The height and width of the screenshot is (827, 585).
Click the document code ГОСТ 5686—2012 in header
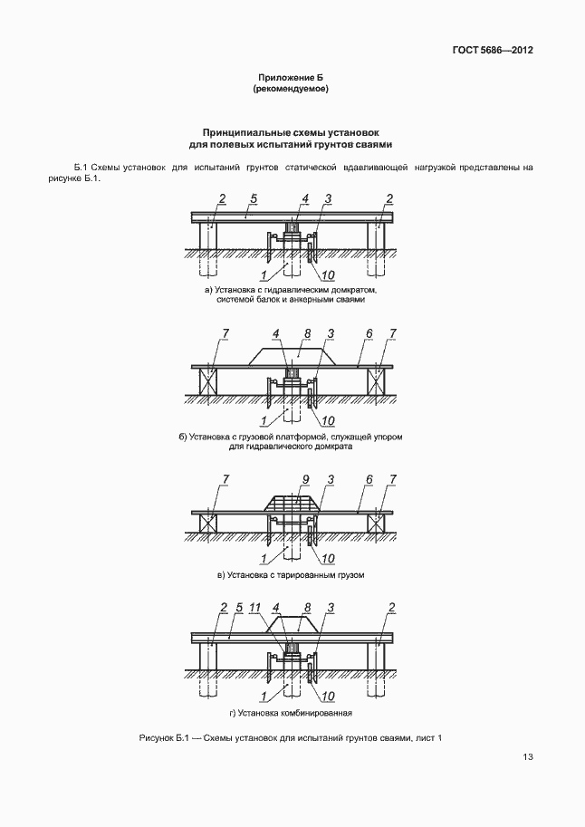pos(492,50)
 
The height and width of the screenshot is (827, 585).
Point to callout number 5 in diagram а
pos(254,197)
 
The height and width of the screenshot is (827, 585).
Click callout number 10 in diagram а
pos(327,274)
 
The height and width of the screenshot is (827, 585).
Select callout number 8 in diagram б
pos(307,334)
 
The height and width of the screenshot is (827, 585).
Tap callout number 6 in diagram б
pos(369,334)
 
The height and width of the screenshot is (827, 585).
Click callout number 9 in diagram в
pos(306,479)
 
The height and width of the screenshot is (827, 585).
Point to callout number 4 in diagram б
pos(278,334)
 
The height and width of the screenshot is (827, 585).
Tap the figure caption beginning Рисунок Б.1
pos(291,738)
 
